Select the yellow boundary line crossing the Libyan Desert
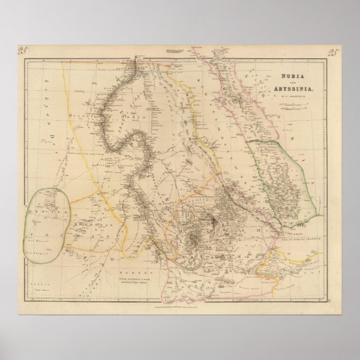(95, 149)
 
